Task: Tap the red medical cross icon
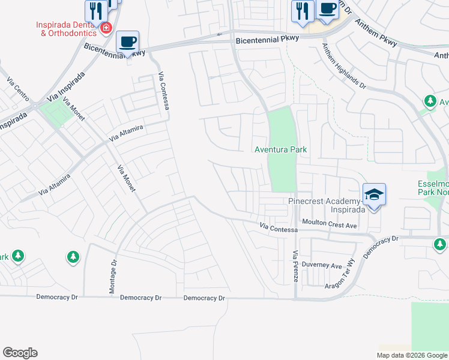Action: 106,28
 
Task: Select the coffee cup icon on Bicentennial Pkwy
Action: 127,41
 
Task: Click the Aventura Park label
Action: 281,149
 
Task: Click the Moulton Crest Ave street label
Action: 330,224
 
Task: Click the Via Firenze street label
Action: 295,264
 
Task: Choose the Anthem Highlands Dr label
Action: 344,66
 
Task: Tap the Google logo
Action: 20,352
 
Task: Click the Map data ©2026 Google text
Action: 412,355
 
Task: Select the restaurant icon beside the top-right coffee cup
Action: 302,11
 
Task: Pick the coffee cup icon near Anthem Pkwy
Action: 327,9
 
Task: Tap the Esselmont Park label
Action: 433,188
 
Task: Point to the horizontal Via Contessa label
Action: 279,229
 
